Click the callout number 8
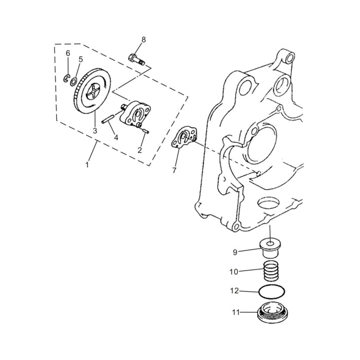point(143,40)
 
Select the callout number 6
point(67,53)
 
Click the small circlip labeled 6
point(67,78)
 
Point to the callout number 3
point(95,131)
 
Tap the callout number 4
point(116,137)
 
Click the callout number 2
point(139,150)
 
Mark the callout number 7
point(174,169)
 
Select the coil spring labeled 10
point(271,271)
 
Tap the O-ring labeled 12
point(271,292)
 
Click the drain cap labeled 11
point(271,313)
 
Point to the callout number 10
point(233,271)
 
